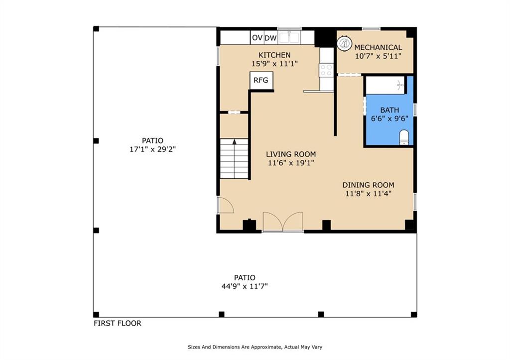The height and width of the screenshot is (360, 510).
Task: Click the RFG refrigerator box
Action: click(261, 80)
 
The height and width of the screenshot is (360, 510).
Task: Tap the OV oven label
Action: click(257, 38)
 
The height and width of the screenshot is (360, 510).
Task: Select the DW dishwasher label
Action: click(270, 38)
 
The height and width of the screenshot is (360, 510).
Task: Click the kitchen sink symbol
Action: click(289, 37)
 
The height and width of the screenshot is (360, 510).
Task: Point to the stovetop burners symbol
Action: click(326, 70)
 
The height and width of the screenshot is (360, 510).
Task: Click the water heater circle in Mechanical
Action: click(345, 43)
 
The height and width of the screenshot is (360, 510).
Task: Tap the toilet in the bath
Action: click(403, 137)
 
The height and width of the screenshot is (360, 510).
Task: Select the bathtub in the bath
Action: click(385, 85)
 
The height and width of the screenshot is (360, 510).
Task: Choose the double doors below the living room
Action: click(283, 222)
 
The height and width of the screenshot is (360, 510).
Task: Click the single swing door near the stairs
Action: click(226, 205)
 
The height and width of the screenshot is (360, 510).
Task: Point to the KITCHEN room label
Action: click(274, 55)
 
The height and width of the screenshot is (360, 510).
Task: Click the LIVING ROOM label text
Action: click(291, 154)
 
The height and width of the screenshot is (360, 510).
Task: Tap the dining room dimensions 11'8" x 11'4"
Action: click(368, 194)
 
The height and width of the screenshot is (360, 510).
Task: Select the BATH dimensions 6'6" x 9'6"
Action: click(389, 119)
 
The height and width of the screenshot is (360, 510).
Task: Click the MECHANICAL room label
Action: click(378, 47)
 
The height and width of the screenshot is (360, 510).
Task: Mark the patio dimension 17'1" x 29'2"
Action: click(152, 149)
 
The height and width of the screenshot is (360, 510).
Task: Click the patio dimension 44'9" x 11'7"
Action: click(245, 286)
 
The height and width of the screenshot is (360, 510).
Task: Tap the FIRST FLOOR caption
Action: click(118, 323)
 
